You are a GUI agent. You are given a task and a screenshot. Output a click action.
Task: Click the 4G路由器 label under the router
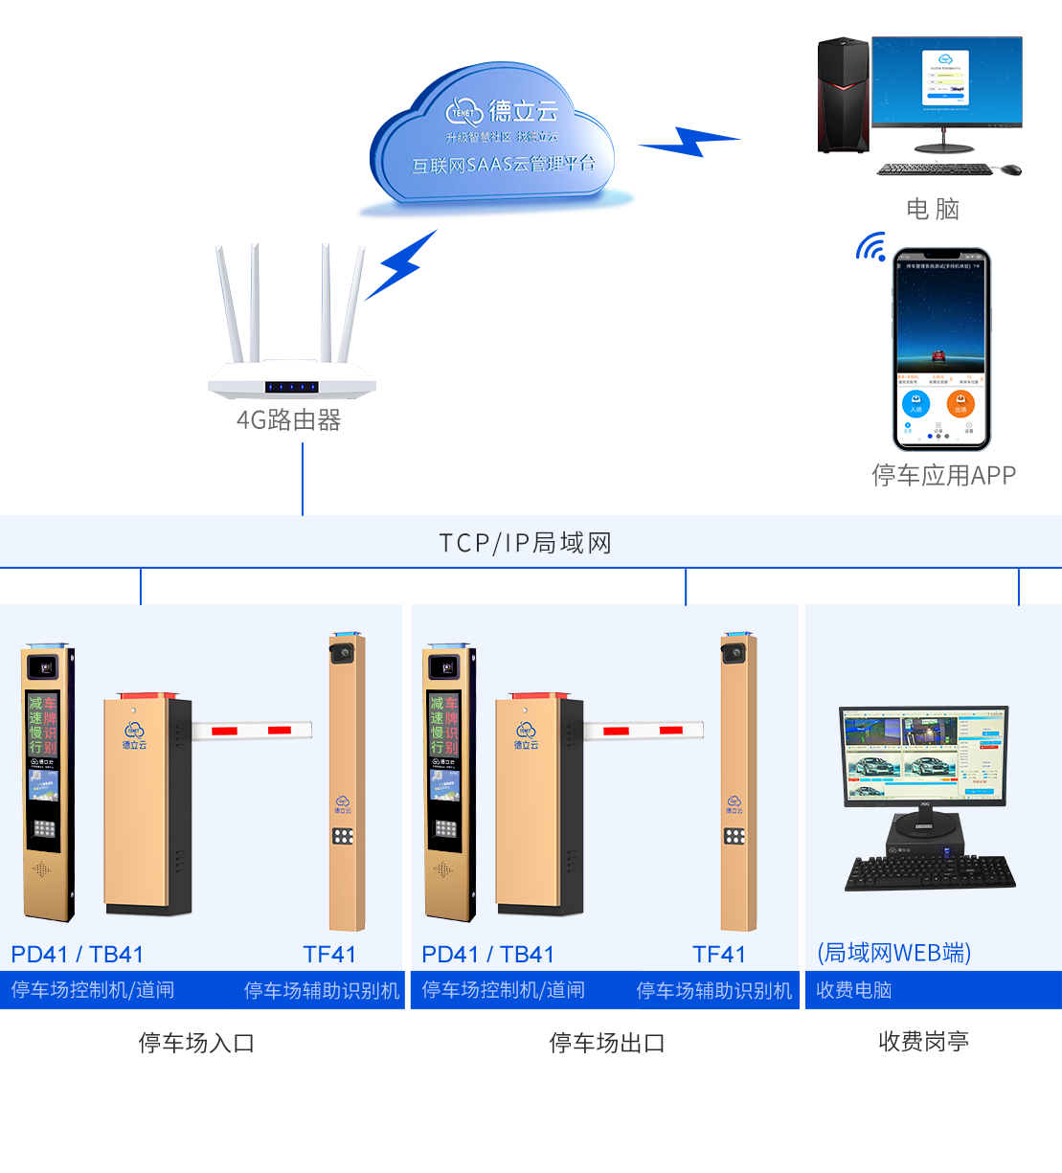pyautogui.click(x=288, y=419)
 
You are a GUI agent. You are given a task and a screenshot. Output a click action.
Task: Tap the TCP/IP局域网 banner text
pyautogui.click(x=525, y=543)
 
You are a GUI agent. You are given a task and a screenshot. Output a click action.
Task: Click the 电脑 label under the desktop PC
pyautogui.click(x=933, y=209)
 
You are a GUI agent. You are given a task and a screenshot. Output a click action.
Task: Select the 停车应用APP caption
pyautogui.click(x=943, y=474)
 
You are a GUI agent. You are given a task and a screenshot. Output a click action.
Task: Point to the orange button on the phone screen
pyautogui.click(x=960, y=403)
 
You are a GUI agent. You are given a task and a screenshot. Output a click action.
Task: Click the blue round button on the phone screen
pyautogui.click(x=915, y=403)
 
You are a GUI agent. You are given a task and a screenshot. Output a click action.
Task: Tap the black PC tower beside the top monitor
pyautogui.click(x=843, y=105)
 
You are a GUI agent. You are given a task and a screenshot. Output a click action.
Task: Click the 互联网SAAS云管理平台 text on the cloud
pyautogui.click(x=504, y=165)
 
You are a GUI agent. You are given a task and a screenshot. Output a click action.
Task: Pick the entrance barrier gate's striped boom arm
pyautogui.click(x=252, y=731)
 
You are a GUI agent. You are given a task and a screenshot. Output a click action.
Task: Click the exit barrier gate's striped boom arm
pyautogui.click(x=644, y=731)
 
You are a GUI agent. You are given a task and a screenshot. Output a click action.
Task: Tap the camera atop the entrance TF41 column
pyautogui.click(x=343, y=651)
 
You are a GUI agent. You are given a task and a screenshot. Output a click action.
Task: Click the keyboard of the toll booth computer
pyautogui.click(x=929, y=871)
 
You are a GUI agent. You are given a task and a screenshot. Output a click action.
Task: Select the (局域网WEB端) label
pyautogui.click(x=893, y=953)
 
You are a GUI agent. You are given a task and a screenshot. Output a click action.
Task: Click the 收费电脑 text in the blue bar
pyautogui.click(x=853, y=990)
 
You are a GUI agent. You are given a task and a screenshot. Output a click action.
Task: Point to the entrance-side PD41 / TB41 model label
pyautogui.click(x=77, y=955)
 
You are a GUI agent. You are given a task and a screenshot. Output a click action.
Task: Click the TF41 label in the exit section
pyautogui.click(x=719, y=955)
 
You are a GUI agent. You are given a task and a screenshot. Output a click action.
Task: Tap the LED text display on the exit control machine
pyautogui.click(x=443, y=724)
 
